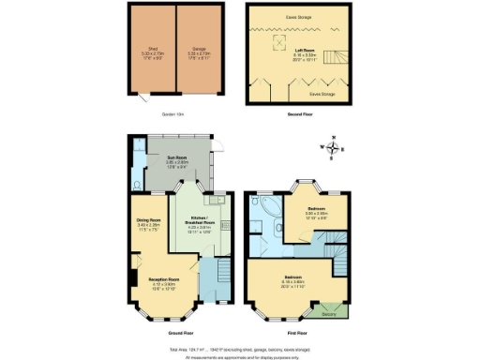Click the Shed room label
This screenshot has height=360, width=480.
[x=152, y=50]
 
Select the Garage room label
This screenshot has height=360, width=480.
[x=199, y=50]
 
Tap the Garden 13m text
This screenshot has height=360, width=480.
[x=174, y=114]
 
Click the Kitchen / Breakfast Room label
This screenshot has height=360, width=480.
[x=200, y=220]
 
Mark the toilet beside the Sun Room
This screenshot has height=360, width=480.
[x=138, y=184]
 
